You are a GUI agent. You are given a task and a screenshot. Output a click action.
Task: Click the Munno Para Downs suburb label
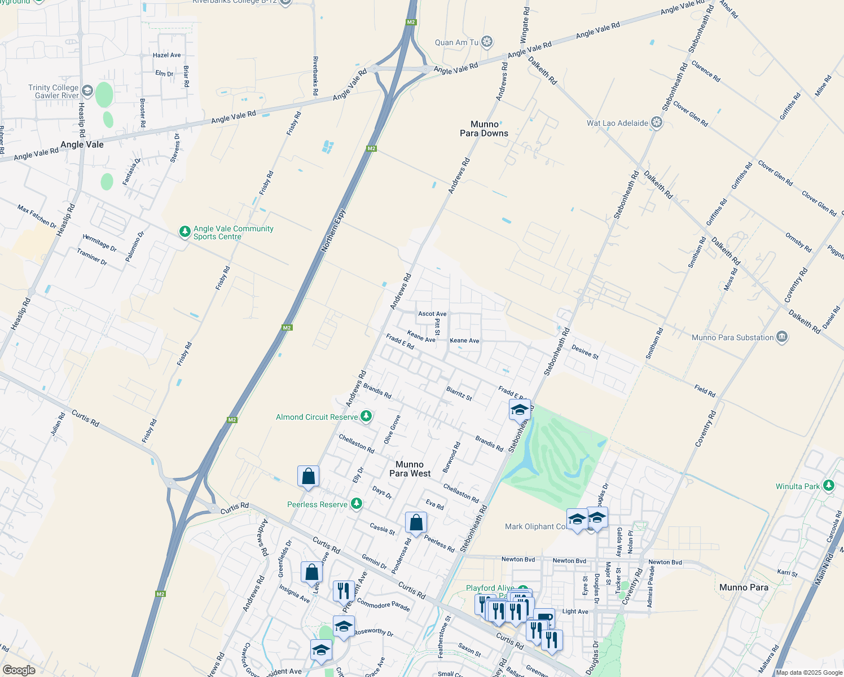tap(484, 129)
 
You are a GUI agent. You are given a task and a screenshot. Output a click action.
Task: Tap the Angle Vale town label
tap(82, 144)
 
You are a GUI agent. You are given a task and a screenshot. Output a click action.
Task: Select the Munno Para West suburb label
tap(410, 469)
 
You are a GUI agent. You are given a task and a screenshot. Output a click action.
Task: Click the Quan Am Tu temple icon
tap(487, 42)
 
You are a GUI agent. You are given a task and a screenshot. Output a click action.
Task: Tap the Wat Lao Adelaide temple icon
tap(656, 122)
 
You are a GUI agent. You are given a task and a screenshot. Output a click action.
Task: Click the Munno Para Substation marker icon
tap(781, 337)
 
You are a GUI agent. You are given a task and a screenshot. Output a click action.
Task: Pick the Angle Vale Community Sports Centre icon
tap(184, 232)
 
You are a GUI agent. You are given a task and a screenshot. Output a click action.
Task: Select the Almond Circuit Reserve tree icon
tap(366, 416)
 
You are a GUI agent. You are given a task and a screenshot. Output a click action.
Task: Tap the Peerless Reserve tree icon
tap(356, 504)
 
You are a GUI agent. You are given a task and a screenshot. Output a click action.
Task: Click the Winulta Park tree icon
tap(828, 486)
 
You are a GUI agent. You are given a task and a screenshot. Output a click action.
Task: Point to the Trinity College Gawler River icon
tap(87, 91)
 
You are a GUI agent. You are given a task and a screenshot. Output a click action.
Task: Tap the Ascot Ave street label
tap(432, 314)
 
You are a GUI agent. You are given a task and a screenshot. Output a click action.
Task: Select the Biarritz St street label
tap(459, 393)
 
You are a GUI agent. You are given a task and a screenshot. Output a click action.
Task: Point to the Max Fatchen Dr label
tap(37, 217)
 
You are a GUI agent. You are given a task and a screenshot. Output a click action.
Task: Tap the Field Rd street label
tap(705, 391)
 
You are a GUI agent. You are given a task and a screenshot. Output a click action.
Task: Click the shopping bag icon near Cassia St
tap(416, 524)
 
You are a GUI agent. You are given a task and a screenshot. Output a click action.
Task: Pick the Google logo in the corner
tap(19, 670)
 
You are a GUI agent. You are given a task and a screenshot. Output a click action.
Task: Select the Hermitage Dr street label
tap(99, 243)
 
